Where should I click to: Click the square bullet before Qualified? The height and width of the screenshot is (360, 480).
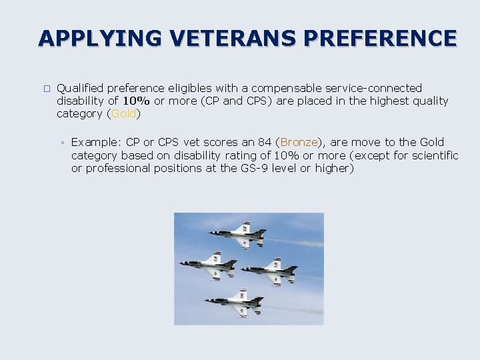pyautogui.click(x=45, y=88)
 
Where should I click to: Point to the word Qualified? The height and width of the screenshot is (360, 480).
pyautogui.click(x=80, y=88)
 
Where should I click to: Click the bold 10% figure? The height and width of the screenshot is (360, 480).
pyautogui.click(x=136, y=101)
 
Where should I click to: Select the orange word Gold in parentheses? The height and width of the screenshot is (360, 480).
pyautogui.click(x=123, y=113)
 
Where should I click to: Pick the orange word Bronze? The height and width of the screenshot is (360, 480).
pyautogui.click(x=299, y=142)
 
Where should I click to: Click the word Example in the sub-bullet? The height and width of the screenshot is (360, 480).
pyautogui.click(x=96, y=142)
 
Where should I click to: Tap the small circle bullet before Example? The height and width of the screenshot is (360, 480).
pyautogui.click(x=61, y=143)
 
